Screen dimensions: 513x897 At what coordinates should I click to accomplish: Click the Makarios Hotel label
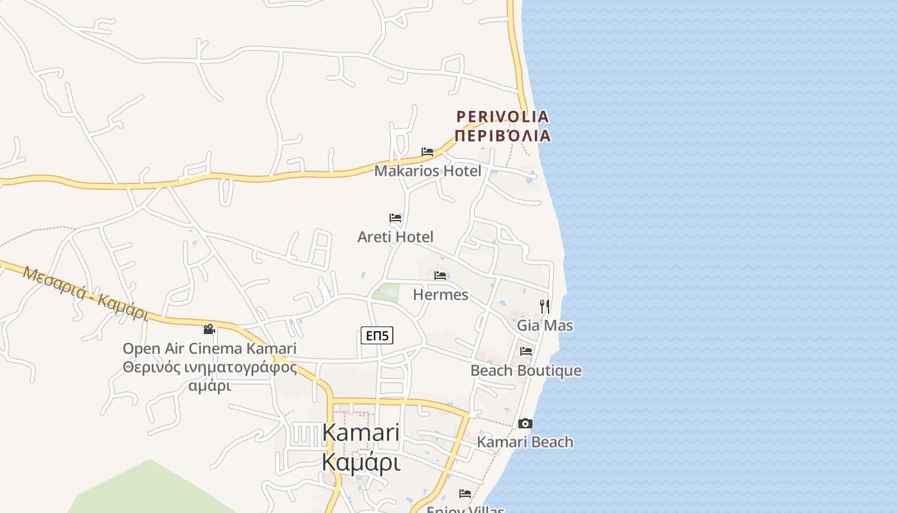pos(427,171)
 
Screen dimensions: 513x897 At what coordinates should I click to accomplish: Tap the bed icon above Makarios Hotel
pos(427,152)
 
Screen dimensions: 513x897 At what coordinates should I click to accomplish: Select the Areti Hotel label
pos(395,237)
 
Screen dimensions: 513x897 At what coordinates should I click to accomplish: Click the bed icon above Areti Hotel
pos(395,218)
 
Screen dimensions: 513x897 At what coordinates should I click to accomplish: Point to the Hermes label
pos(441,295)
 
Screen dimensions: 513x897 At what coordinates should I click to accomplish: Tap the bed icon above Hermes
pos(440,276)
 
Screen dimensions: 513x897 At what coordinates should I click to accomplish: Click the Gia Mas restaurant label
pos(545,326)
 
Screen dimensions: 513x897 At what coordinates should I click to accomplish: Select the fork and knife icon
pos(545,306)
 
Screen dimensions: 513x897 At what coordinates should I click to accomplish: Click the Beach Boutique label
pos(526,371)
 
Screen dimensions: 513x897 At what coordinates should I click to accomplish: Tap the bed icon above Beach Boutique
pos(526,351)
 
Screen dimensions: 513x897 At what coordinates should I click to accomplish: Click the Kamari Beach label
pos(525,442)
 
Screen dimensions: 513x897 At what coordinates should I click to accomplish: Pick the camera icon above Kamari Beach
pos(525,423)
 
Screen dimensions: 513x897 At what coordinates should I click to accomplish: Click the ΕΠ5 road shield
pos(377,335)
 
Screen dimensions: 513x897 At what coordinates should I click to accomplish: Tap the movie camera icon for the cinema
pos(209,330)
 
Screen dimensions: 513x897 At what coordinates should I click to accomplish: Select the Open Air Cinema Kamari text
pos(210,349)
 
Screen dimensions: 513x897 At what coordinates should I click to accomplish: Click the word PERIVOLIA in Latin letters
pos(503,117)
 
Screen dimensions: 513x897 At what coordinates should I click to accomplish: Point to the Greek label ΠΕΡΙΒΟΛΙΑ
pos(503,135)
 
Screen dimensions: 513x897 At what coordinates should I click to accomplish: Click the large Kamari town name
pos(361,432)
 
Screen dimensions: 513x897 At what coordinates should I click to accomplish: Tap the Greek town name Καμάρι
pos(361,462)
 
